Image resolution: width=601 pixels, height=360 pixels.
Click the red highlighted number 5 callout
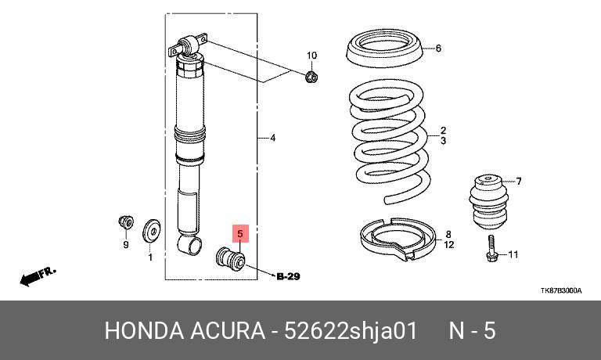point(240,233)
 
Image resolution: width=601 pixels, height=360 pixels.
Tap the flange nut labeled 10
point(311,77)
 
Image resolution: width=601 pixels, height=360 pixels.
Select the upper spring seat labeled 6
point(385,49)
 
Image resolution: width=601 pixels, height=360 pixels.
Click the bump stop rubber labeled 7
point(488,201)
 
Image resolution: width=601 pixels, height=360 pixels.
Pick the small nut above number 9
point(126,222)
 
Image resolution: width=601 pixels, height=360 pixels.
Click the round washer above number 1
point(151,231)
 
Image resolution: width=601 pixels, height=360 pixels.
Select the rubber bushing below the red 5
point(230,260)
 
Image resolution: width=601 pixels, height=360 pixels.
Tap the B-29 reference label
point(288,276)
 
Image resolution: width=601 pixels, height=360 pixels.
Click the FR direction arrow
point(38,276)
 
